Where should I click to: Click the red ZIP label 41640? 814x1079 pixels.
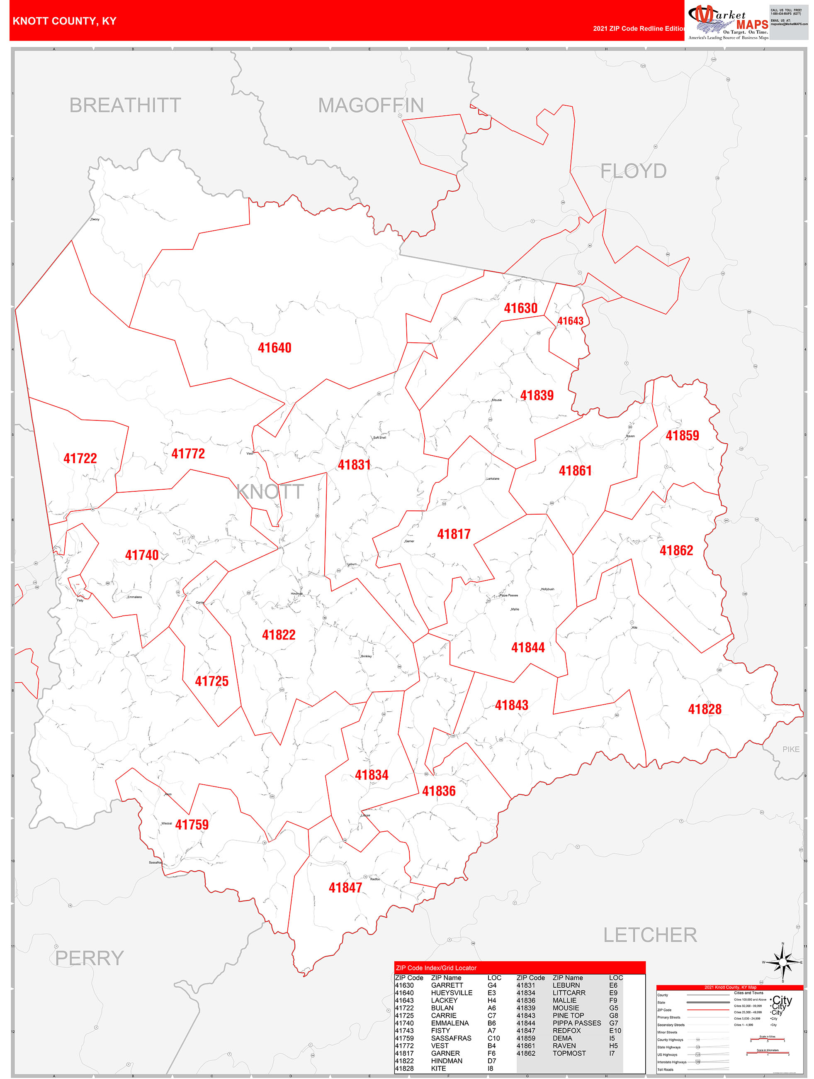[275, 348]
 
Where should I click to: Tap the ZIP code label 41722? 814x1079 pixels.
[80, 459]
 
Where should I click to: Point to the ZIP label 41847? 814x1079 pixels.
[345, 887]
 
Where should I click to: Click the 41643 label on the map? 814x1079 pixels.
[570, 321]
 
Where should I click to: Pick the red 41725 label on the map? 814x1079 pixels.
[211, 681]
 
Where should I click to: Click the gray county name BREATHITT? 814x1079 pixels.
[125, 105]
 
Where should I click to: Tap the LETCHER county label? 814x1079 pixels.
[650, 935]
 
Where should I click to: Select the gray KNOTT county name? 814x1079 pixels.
[270, 492]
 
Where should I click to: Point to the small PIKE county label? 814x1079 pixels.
[791, 749]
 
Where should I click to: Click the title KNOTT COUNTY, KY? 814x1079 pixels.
[64, 21]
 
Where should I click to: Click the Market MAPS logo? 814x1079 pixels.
[728, 22]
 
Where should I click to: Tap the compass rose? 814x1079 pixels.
[783, 962]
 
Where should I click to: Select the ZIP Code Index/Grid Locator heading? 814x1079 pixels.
[436, 968]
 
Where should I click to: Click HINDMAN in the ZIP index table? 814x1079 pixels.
[447, 1061]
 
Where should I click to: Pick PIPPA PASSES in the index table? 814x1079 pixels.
[577, 1023]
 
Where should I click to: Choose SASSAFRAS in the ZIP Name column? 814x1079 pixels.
[451, 1038]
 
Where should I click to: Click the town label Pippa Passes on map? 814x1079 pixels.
[508, 595]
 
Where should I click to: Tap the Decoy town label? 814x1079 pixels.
[95, 220]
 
